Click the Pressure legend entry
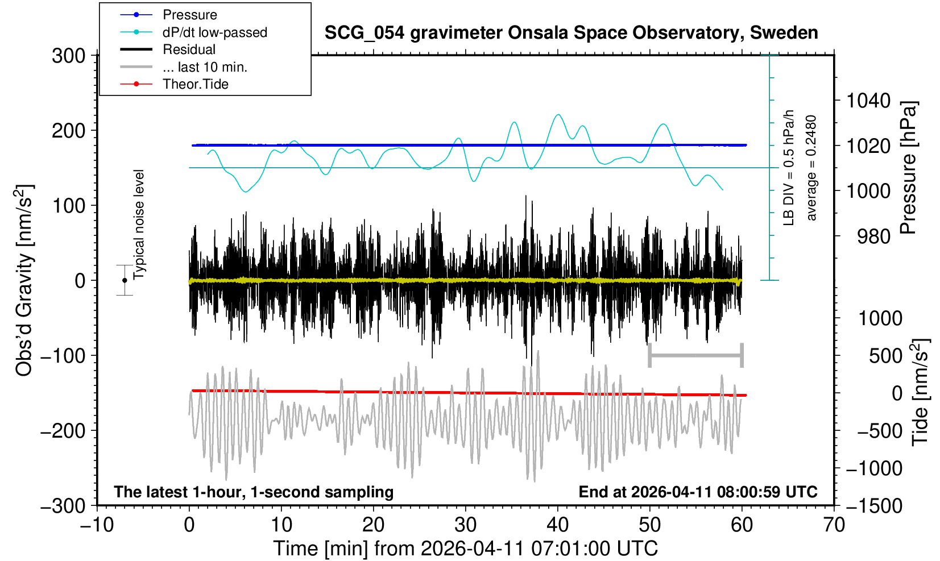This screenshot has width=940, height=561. pos(189,15)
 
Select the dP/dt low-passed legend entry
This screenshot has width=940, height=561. pos(214,32)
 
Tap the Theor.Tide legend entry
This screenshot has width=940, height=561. pos(195,84)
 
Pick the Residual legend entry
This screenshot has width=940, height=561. pos(189,49)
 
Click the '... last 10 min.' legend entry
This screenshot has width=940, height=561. pos(205,67)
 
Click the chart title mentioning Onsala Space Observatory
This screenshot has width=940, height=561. pos(571,33)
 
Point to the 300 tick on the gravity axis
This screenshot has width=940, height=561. pos(68,56)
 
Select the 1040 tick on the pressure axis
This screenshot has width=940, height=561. pos(868,101)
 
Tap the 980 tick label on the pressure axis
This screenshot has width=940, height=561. pos(874,236)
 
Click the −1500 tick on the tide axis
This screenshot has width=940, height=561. pos(874,506)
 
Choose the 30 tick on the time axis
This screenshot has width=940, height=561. pos(465,524)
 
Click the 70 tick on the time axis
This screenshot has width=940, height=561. pos(834,524)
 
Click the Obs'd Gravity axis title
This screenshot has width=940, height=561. pos(24,280)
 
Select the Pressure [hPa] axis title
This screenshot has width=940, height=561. pos(909,168)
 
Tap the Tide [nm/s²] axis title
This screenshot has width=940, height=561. pos(921,392)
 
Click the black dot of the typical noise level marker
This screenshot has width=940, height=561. pos(125,280)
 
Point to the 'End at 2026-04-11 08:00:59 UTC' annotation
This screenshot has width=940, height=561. pos(698,492)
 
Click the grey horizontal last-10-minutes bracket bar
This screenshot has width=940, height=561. pos(695,356)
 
